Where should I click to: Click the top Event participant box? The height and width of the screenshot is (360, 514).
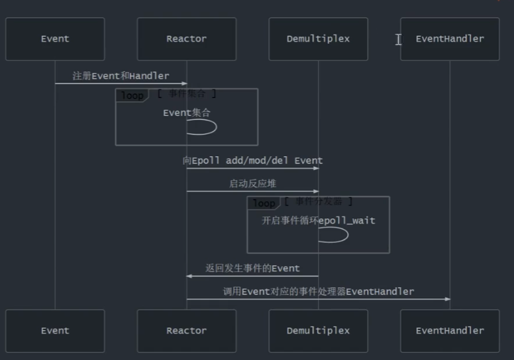click(55, 39)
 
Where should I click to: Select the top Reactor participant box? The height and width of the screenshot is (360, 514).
click(186, 39)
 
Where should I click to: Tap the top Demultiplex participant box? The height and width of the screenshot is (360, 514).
click(318, 39)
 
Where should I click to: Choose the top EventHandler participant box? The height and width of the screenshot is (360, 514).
click(450, 39)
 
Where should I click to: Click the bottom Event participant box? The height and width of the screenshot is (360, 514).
click(55, 331)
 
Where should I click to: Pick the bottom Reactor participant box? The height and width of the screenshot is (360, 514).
click(186, 331)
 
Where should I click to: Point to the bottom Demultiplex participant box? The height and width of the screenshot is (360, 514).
click(318, 331)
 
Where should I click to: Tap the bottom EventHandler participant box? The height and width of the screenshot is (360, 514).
click(450, 331)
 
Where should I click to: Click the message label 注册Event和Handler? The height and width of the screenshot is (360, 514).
click(121, 76)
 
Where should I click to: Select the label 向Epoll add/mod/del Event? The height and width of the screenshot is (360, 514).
click(252, 161)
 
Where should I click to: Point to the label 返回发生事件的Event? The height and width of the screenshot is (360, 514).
click(252, 269)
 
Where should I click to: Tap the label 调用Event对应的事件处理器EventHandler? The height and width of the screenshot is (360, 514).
click(318, 291)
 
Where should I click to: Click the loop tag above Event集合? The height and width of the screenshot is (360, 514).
click(132, 95)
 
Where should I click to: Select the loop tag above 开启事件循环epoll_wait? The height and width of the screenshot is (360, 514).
click(264, 203)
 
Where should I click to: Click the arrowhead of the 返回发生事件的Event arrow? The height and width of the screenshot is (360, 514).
click(189, 276)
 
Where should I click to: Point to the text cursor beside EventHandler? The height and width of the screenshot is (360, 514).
click(399, 40)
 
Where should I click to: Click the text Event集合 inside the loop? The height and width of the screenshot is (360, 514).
click(186, 113)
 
